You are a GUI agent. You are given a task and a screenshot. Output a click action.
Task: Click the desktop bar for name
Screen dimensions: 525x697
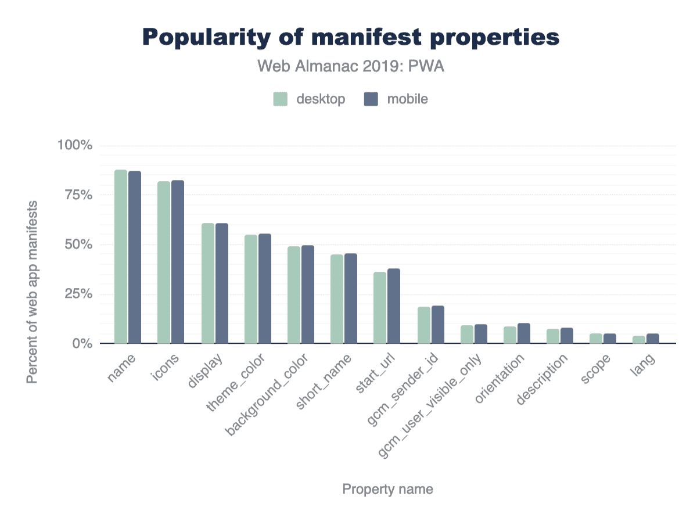(x=121, y=257)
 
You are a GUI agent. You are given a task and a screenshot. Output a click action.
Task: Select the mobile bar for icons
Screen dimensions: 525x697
(x=178, y=262)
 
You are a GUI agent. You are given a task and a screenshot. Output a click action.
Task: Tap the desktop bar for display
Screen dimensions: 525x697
(x=208, y=283)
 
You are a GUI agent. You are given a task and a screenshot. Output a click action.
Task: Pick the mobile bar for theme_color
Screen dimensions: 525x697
(x=265, y=289)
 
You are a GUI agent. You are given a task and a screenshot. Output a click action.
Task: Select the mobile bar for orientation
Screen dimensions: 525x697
(x=524, y=333)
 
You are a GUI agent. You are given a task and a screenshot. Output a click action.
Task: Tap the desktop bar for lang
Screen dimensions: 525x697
(x=639, y=340)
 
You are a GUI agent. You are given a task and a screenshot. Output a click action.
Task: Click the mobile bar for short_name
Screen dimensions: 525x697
(x=351, y=299)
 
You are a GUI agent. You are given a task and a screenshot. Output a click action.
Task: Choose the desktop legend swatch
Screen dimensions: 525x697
(x=281, y=99)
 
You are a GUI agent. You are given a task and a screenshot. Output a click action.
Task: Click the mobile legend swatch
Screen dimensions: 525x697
(x=371, y=99)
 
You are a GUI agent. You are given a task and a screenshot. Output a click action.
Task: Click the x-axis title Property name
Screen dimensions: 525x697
(x=387, y=489)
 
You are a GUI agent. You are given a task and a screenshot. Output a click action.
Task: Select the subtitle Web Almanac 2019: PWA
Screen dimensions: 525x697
(x=351, y=67)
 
